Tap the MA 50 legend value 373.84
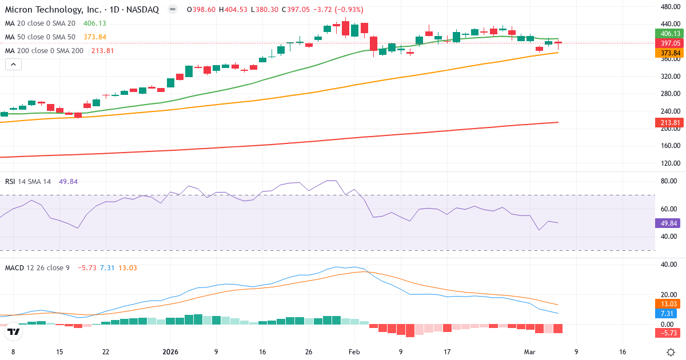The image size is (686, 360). click(x=94, y=37)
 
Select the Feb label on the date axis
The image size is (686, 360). click(x=354, y=351)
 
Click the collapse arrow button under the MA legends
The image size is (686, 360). click(x=13, y=65)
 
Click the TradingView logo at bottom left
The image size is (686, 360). click(x=14, y=331)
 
